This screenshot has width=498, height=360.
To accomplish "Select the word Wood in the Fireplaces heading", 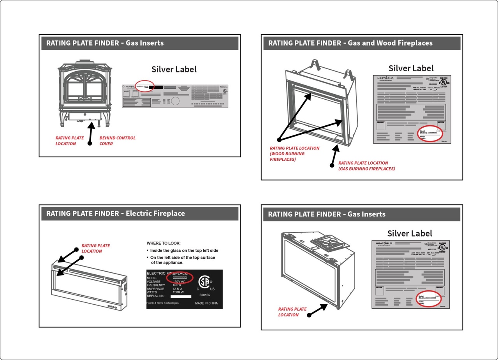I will [386, 43].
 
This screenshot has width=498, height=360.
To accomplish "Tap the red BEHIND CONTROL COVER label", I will [117, 140].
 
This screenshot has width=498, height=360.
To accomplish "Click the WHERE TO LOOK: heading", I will [164, 243].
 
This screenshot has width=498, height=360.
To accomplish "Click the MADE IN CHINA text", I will [206, 303].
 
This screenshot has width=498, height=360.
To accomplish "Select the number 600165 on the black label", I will [205, 295].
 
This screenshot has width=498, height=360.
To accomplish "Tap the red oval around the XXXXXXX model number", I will [179, 278].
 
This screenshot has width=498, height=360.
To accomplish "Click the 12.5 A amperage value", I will [178, 289].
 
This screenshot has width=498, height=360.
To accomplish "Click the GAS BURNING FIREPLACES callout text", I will [366, 166].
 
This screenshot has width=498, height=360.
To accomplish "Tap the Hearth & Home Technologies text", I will [162, 303].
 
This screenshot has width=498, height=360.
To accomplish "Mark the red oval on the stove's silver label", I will [144, 86].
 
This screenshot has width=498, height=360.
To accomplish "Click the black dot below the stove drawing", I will [90, 144].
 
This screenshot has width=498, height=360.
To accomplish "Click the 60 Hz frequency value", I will [178, 285].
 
